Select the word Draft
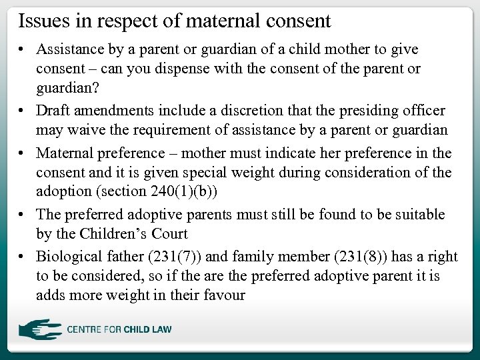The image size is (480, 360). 54,110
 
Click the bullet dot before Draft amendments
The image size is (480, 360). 23,111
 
